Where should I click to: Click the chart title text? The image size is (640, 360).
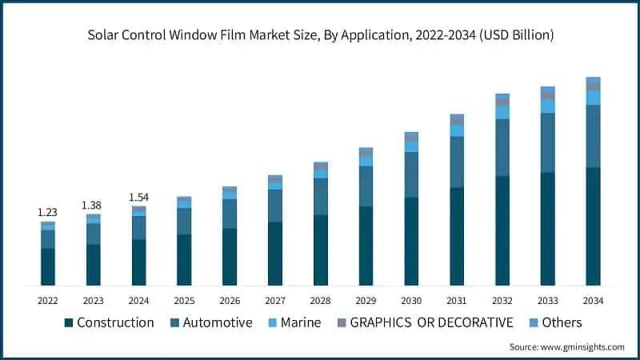320,35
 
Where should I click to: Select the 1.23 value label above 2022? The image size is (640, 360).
48,212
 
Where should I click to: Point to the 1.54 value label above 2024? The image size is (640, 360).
138,197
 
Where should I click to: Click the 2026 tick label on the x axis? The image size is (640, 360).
230,301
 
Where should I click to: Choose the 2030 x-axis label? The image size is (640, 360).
411,301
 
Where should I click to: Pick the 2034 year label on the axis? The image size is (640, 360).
593,301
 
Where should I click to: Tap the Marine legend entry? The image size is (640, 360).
294,322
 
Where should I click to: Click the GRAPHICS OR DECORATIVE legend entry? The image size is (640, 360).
425,322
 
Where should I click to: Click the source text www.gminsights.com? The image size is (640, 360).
567,346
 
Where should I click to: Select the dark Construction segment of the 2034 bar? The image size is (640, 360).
593,226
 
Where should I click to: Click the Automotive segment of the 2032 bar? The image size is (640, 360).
502,147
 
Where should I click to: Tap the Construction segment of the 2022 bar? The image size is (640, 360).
48,266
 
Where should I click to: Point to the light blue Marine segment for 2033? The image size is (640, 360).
547,106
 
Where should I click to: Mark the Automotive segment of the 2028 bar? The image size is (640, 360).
321,196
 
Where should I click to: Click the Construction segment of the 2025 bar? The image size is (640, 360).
184,260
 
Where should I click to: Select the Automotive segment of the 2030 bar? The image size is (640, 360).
411,174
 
